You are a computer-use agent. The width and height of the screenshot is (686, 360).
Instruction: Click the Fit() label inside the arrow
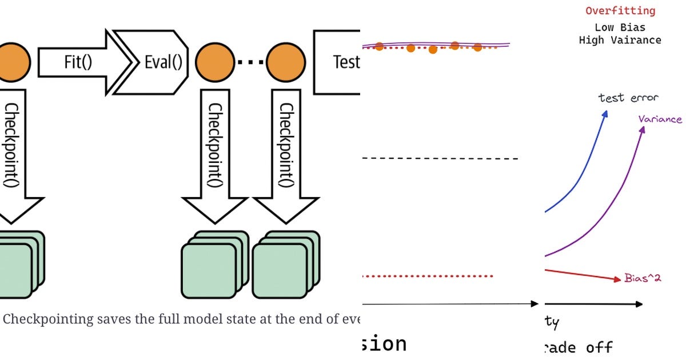pyautogui.click(x=78, y=62)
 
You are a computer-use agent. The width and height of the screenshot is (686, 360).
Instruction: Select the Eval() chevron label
pyautogui.click(x=163, y=62)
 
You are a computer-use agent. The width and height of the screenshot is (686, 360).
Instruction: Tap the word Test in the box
pyautogui.click(x=345, y=62)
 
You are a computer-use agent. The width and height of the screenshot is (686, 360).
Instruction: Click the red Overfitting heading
pyautogui.click(x=620, y=11)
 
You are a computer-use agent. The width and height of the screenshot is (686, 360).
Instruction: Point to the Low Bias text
pyautogui.click(x=620, y=27)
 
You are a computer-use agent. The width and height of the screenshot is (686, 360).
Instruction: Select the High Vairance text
pyautogui.click(x=620, y=41)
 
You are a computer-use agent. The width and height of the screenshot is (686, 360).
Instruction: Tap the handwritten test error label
pyautogui.click(x=628, y=98)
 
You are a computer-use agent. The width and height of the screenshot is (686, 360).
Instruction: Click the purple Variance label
pyautogui.click(x=660, y=119)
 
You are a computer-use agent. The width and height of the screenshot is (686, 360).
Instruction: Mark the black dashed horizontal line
pyautogui.click(x=440, y=158)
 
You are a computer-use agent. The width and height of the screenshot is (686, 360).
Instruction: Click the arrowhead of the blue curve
pyautogui.click(x=604, y=113)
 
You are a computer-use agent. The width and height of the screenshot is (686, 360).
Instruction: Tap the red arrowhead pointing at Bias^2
pyautogui.click(x=617, y=279)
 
